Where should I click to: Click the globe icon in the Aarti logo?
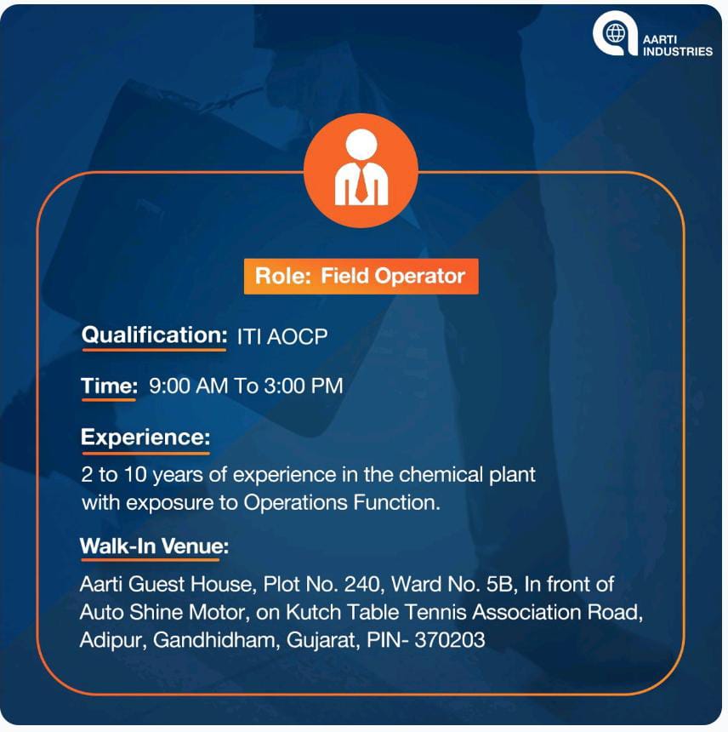[615, 33]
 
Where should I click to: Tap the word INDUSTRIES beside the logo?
[678, 51]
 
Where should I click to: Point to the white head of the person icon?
[361, 144]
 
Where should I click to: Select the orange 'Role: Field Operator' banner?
[361, 277]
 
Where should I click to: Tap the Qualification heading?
[155, 335]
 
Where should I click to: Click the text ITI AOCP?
[282, 336]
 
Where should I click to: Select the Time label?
[109, 386]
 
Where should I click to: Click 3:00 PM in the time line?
[304, 386]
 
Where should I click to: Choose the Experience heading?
[145, 437]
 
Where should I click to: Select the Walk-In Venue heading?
[155, 546]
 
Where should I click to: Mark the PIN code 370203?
[450, 640]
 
